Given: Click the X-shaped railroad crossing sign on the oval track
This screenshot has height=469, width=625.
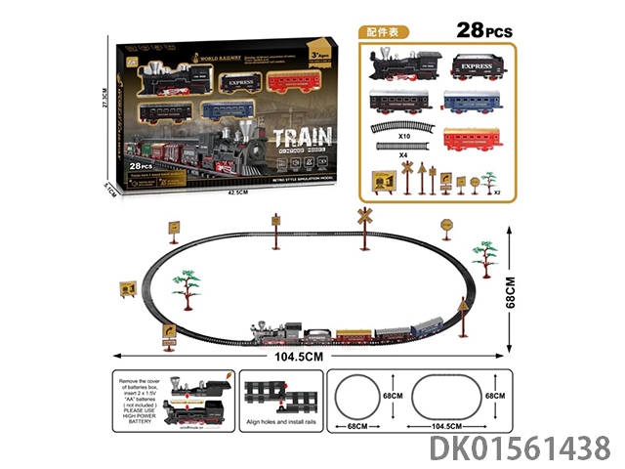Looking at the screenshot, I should tap(365, 217).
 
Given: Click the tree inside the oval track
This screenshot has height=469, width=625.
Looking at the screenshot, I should tap(187, 289).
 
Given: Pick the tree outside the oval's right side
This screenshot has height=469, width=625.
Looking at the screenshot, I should tap(484, 256).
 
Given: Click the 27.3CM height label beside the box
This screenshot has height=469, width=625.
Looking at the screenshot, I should tap(106, 107).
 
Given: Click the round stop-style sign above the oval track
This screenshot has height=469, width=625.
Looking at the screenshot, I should tap(445, 226).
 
